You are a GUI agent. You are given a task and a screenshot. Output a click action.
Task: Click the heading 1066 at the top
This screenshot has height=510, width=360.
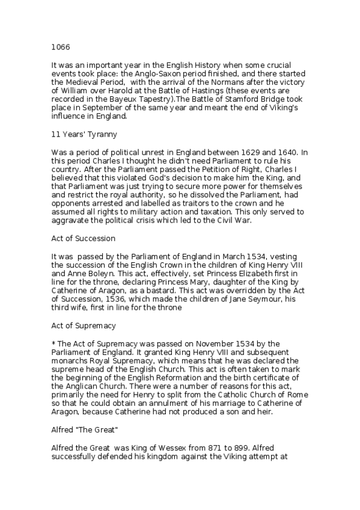pyautogui.click(x=59, y=44)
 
